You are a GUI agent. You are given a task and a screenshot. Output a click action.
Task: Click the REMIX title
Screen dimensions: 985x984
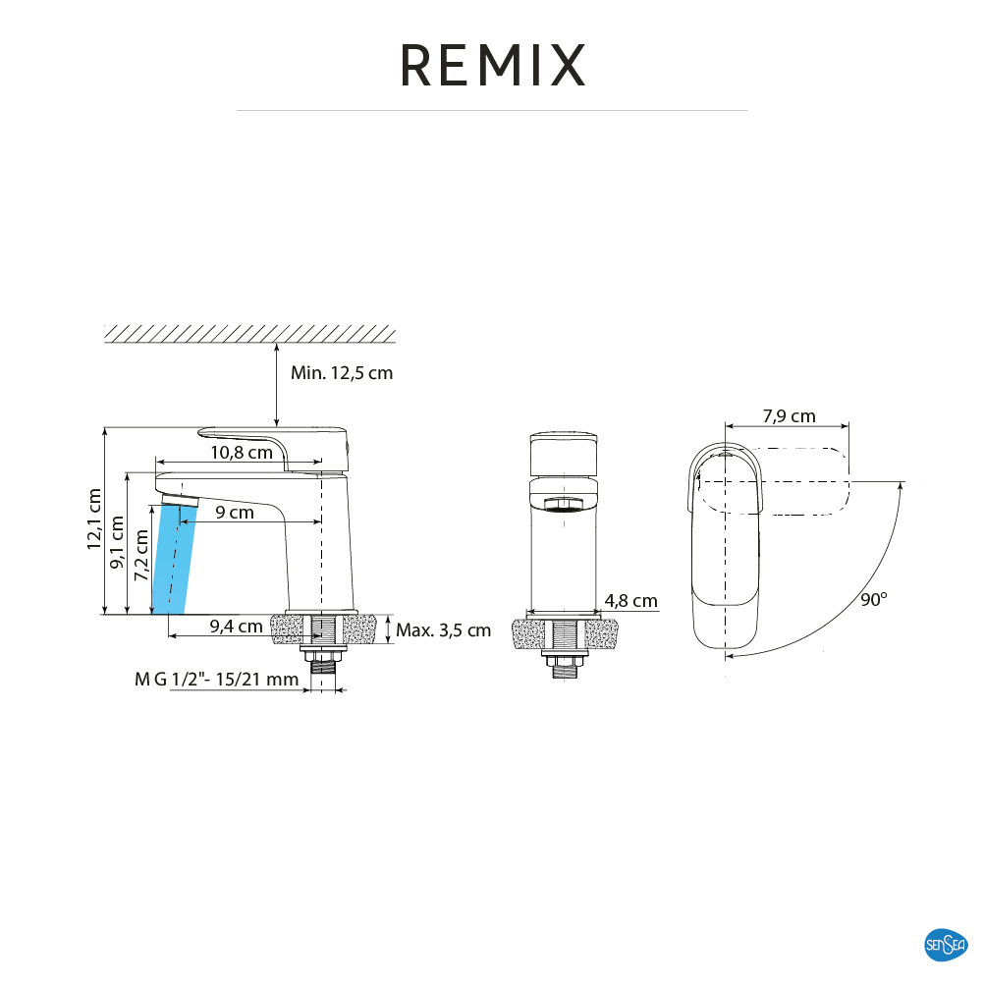click(x=492, y=66)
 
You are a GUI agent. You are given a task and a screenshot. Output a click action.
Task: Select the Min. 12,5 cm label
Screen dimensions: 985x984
click(x=342, y=373)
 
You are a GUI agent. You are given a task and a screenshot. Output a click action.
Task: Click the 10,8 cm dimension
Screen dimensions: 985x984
click(x=241, y=453)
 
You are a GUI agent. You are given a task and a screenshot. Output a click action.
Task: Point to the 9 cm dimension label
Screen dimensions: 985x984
click(x=235, y=513)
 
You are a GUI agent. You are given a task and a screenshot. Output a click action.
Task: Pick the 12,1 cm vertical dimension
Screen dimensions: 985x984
click(x=94, y=520)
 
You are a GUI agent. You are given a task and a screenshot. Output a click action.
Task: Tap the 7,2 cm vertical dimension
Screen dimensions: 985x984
click(x=140, y=563)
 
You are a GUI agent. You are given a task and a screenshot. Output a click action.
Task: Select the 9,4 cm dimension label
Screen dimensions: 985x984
click(x=236, y=626)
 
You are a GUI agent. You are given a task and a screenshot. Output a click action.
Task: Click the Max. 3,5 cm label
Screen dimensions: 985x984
click(x=443, y=630)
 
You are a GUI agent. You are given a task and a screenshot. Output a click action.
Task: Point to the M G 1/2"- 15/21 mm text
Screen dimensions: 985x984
click(x=216, y=680)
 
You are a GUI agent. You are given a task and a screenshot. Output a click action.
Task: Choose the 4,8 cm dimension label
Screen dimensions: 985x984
click(x=630, y=601)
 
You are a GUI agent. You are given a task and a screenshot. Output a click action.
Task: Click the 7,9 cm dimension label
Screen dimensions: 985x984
click(x=789, y=416)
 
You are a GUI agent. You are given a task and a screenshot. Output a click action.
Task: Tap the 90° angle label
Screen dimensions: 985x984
click(x=874, y=600)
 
